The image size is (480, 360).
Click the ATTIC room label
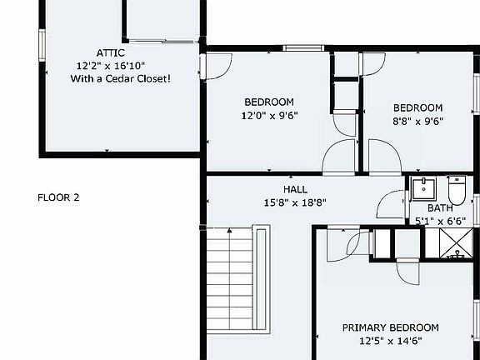tap(111, 52)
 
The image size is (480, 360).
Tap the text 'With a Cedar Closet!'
tap(121, 78)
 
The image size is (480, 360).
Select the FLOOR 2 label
tap(58, 197)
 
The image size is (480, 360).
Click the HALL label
tap(295, 189)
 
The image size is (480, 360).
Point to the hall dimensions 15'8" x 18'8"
tap(295, 202)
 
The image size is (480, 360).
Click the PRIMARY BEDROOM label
tap(390, 327)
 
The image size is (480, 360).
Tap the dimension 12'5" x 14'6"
tap(390, 340)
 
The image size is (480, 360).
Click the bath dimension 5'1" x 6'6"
tap(439, 221)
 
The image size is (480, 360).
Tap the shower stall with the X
tap(455, 242)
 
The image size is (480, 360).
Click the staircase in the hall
tap(229, 283)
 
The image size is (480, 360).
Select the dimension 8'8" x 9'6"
tap(417, 120)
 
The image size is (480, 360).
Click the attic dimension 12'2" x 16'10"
tap(111, 65)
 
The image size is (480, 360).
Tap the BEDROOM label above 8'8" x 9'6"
tap(417, 107)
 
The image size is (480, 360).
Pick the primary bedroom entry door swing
tap(356, 242)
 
